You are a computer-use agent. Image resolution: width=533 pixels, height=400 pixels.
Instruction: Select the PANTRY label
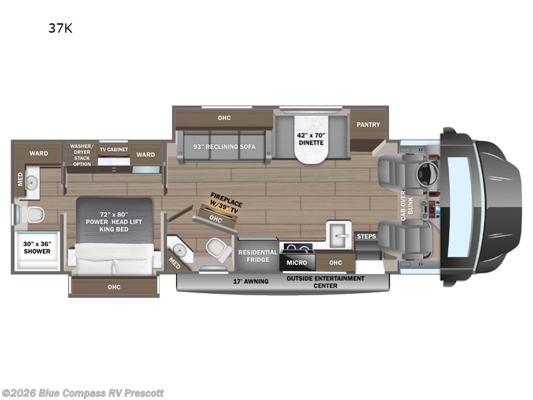point(368,124)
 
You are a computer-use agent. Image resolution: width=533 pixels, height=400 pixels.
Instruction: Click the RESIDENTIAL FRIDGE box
point(258,256)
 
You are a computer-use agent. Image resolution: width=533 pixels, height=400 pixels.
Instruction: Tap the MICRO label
point(296,263)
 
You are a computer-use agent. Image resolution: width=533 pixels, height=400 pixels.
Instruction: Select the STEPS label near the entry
point(366,237)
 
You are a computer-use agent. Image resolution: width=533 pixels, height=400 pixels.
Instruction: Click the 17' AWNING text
point(252,281)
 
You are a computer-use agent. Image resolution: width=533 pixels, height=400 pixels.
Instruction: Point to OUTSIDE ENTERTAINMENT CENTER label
point(325,281)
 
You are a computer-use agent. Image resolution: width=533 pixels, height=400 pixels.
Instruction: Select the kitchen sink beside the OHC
point(338,234)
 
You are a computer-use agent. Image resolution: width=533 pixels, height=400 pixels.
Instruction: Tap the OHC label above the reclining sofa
point(224,118)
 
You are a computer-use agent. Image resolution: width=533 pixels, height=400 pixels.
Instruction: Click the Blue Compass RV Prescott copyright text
point(83,393)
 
